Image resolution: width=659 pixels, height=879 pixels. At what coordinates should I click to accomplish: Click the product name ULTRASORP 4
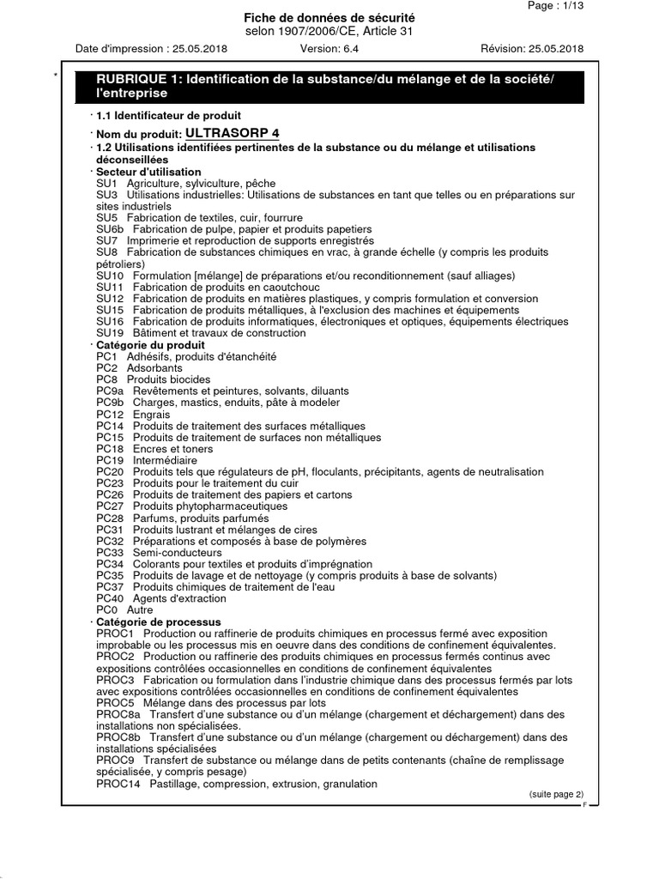tap(233, 133)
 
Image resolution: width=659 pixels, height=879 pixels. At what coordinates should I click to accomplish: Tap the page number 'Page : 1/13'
tap(555, 5)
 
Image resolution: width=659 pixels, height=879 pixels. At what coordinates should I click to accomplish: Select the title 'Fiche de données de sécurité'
tap(329, 17)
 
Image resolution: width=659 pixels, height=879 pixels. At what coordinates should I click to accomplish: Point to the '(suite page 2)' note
tap(556, 795)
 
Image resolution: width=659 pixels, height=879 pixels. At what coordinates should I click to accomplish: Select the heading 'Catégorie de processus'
tap(158, 621)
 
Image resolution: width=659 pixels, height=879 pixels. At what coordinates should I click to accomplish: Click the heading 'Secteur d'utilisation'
tap(148, 172)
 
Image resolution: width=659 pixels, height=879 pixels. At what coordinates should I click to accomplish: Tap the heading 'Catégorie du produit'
tap(150, 345)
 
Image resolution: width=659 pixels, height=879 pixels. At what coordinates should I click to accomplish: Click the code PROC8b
tap(118, 737)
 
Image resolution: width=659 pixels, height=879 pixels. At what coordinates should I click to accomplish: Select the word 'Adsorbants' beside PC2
tap(154, 367)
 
